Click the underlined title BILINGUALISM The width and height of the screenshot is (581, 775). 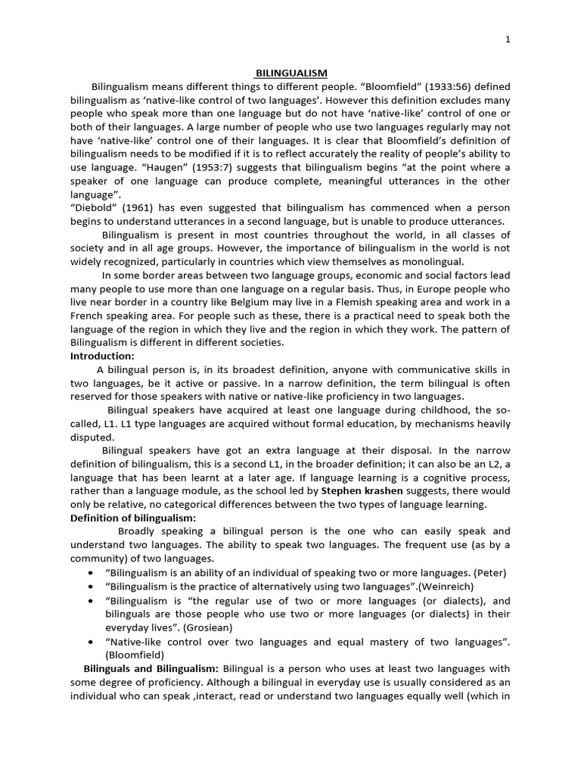click(290, 73)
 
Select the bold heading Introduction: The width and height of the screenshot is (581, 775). click(102, 356)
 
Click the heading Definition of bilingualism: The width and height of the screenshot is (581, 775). click(133, 518)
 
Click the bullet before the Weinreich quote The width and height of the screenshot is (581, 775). click(92, 587)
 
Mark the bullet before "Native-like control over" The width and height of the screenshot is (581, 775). click(92, 641)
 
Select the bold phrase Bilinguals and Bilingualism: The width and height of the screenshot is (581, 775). click(151, 668)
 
